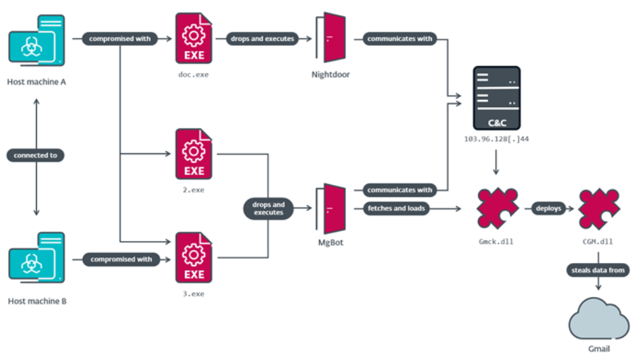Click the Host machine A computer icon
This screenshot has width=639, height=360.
37,40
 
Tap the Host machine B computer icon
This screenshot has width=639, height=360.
37,257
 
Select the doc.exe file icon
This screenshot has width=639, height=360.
194,38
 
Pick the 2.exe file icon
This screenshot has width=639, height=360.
194,154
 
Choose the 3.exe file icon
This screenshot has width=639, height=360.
194,257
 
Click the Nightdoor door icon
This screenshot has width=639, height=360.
330,38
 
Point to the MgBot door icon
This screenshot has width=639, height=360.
330,208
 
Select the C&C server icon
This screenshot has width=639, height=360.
496,98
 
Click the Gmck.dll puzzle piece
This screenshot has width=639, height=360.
497,208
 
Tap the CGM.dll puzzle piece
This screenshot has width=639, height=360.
599,208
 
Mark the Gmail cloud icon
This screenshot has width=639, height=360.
599,318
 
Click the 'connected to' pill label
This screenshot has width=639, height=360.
35,155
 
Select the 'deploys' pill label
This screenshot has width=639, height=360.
548,208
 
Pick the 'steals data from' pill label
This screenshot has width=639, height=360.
598,270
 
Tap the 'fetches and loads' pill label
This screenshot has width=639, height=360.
396,208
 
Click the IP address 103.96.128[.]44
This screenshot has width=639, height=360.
496,139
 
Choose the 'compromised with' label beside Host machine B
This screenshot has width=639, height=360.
121,259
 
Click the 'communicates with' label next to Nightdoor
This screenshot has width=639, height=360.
399,39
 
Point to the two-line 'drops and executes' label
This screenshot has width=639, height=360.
268,208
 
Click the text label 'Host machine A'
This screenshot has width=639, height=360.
37,82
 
